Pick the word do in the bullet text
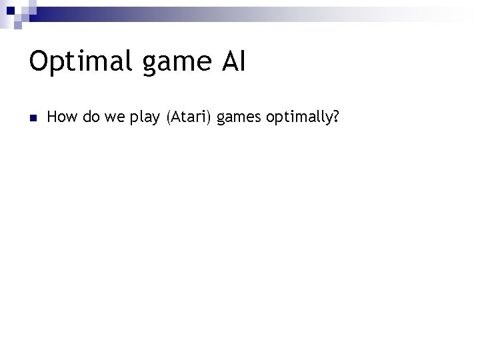(x=90, y=117)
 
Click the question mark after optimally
(x=335, y=117)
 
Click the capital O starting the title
(x=39, y=61)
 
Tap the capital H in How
(x=53, y=117)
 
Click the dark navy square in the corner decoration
(x=10, y=10)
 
